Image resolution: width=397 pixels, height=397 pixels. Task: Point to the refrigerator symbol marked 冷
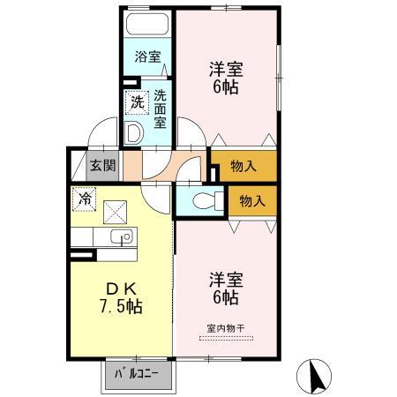[x=86, y=199]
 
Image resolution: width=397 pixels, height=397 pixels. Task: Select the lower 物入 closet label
[x=253, y=201]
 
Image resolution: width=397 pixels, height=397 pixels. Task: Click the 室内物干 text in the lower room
[x=225, y=328]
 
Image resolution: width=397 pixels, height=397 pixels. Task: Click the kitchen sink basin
[x=121, y=236]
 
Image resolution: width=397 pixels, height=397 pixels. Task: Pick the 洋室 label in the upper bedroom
[x=225, y=68]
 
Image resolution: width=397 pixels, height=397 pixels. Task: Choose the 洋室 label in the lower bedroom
[x=225, y=281]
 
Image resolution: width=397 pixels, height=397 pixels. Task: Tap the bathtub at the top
[x=146, y=24]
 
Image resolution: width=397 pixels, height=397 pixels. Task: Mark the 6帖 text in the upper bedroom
[x=225, y=88]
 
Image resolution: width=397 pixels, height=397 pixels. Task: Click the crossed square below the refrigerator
[x=116, y=212]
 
